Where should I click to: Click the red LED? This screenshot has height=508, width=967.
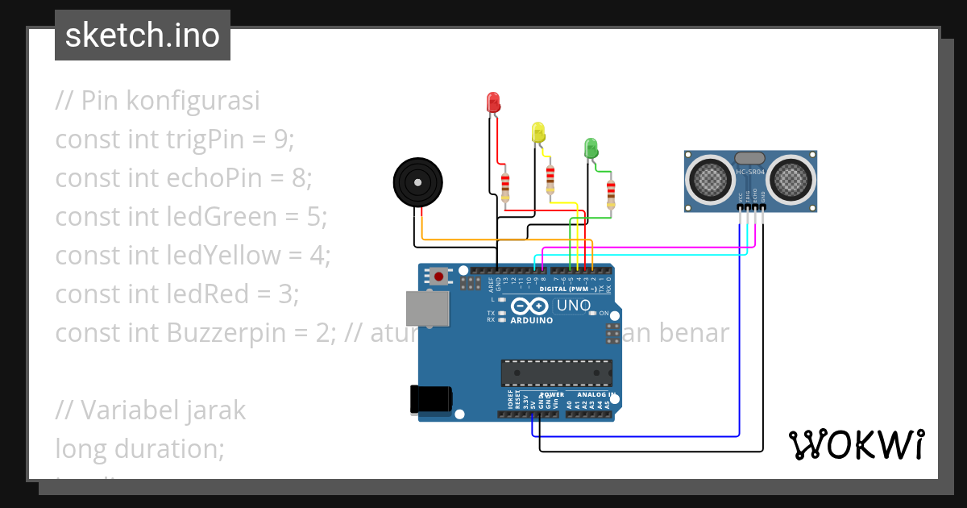tap(493, 102)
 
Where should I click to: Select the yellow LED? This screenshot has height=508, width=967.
tap(538, 132)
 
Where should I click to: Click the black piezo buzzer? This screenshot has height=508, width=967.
tap(418, 183)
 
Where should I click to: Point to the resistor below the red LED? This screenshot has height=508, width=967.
tap(505, 187)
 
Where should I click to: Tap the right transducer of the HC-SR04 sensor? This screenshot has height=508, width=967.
tap(791, 177)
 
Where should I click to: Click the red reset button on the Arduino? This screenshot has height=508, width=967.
tap(438, 277)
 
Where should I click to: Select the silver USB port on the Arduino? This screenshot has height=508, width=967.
tap(427, 311)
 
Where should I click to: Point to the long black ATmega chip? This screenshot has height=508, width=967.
tap(555, 373)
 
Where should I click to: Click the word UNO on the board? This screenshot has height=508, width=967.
tap(575, 306)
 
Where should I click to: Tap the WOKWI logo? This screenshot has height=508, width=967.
tap(856, 444)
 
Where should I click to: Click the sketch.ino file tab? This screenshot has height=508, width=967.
tap(143, 35)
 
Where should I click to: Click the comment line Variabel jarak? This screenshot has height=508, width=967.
tap(151, 410)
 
